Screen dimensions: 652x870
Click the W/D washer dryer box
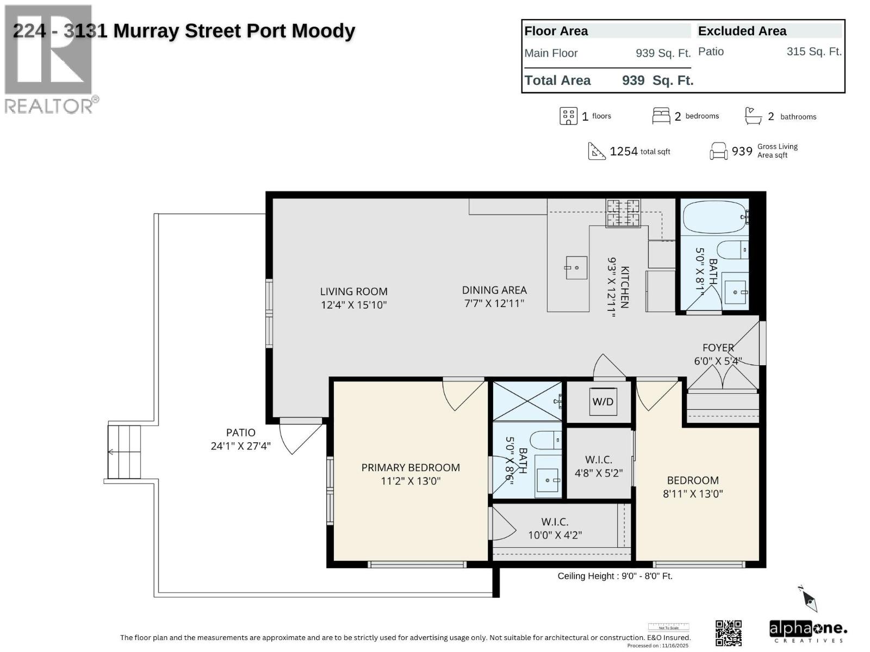(x=602, y=402)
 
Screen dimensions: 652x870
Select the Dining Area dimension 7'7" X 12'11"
(x=494, y=304)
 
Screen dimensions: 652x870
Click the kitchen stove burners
(x=623, y=212)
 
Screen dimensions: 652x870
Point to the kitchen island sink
(x=576, y=268)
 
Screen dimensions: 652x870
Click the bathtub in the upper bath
(x=714, y=217)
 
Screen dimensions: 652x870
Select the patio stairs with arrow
(x=125, y=452)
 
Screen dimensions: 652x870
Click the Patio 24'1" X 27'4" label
(x=240, y=439)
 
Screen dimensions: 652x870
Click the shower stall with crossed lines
(x=527, y=401)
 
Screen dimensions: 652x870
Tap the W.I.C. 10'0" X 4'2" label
(x=555, y=528)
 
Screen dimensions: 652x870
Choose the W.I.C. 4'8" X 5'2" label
(x=598, y=466)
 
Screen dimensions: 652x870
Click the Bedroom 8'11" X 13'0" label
(x=693, y=487)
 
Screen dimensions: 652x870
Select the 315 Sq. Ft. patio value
(x=813, y=52)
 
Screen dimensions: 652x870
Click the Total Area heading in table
(x=557, y=80)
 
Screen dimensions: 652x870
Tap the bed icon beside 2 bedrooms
(x=661, y=116)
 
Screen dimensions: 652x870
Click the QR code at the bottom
(x=729, y=633)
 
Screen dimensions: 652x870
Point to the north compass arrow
(x=809, y=599)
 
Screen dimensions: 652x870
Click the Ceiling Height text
(x=615, y=576)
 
